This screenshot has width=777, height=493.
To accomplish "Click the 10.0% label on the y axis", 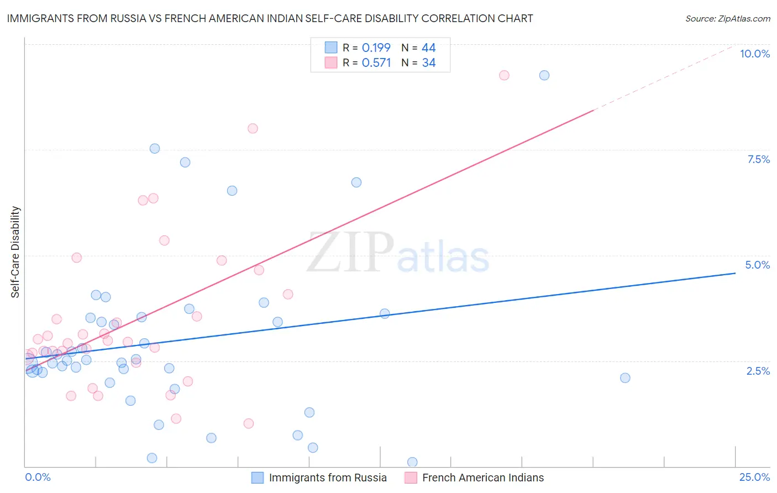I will click(x=754, y=54).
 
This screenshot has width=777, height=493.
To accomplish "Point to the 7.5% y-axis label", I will click(x=758, y=159).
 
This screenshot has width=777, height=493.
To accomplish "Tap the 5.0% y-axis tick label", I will click(x=757, y=265).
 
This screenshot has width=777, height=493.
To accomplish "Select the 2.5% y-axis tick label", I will click(x=758, y=371).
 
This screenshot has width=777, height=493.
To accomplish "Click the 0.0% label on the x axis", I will click(x=38, y=477).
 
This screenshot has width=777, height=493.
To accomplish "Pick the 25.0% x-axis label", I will click(x=754, y=477).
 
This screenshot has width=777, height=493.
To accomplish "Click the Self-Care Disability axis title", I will click(x=15, y=252).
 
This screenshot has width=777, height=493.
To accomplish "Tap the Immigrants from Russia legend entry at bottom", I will click(x=327, y=478).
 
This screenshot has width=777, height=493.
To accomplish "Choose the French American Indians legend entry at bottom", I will click(x=482, y=478).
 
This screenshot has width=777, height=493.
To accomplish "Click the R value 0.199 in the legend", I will click(x=376, y=48).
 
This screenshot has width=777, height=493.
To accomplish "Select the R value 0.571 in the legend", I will click(x=376, y=62).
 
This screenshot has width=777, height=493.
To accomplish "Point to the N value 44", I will click(x=428, y=48).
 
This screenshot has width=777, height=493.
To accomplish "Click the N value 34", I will click(x=428, y=62).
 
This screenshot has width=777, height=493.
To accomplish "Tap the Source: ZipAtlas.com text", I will click(x=727, y=18).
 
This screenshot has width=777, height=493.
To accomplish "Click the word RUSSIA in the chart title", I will click(x=128, y=18).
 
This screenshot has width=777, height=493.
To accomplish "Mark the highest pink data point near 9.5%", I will click(x=504, y=75).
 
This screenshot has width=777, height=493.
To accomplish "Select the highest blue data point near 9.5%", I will click(x=544, y=75).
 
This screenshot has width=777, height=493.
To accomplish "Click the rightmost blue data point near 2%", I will click(x=625, y=378).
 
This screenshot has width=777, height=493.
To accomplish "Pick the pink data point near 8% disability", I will click(x=253, y=128).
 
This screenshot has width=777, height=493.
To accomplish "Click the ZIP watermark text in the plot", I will click(x=350, y=253).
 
